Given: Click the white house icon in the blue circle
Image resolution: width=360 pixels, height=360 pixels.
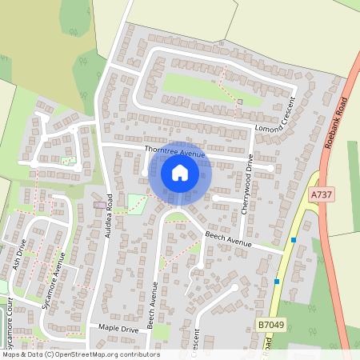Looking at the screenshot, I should tap(179, 172).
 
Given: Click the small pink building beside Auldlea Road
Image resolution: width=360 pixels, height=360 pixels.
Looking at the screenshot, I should tap(99, 205).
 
